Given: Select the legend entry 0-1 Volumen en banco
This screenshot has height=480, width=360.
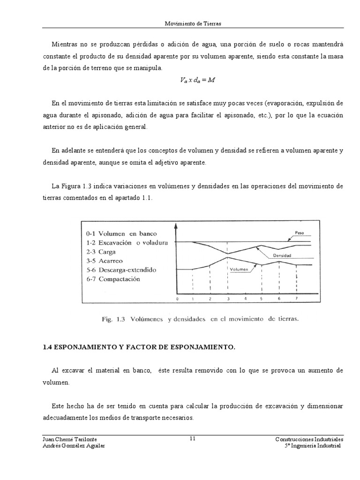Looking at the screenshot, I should click(121, 233).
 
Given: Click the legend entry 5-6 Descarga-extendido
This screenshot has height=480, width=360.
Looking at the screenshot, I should click(121, 270).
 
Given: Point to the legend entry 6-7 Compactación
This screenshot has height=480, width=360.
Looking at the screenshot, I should click(113, 279).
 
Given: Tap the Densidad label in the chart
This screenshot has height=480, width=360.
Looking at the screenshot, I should click(280, 256).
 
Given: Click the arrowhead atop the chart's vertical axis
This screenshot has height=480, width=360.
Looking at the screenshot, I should click(176, 225).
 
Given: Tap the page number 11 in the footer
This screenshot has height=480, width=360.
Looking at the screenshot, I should click(193, 439).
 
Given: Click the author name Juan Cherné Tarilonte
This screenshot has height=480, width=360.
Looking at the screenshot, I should click(69, 439).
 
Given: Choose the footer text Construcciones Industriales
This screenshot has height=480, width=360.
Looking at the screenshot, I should click(309, 439).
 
